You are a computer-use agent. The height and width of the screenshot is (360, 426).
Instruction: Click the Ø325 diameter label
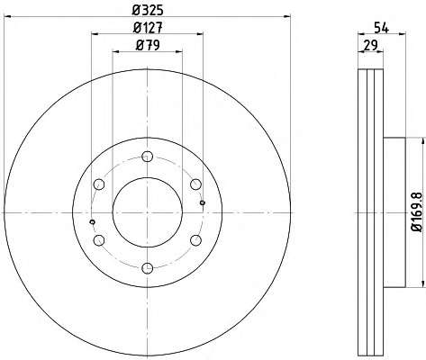pyautogui.click(x=148, y=10)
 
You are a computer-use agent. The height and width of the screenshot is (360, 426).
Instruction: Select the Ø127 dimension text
pyautogui.click(x=148, y=28)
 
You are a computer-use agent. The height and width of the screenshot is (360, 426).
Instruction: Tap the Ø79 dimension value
pyautogui.click(x=148, y=45)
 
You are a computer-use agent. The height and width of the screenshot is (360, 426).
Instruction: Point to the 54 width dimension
pyautogui.click(x=381, y=28)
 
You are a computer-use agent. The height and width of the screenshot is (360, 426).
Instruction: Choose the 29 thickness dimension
pyautogui.click(x=370, y=46)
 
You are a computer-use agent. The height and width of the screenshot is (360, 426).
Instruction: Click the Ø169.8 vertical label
pyautogui.click(x=417, y=211)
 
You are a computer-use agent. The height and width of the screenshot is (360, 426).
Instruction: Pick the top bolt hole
pyautogui.click(x=147, y=157)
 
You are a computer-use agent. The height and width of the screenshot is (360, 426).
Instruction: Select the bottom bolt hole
pyautogui.click(x=147, y=268)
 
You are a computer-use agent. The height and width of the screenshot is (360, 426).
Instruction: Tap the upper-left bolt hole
pyautogui.click(x=99, y=184)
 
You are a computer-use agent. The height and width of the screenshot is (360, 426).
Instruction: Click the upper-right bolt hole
pyautogui.click(x=195, y=184)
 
